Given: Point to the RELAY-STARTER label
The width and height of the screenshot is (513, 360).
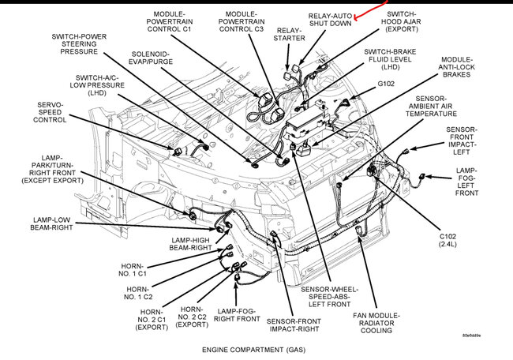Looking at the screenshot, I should coord(288,34).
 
